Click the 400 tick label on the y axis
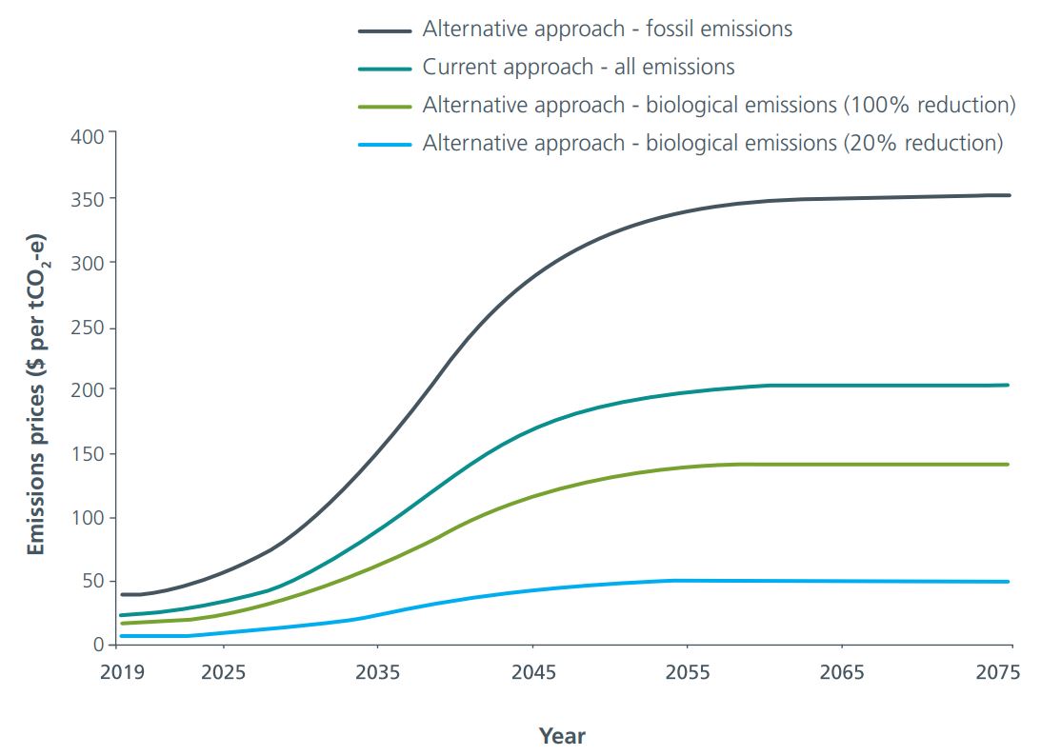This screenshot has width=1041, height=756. [87, 135]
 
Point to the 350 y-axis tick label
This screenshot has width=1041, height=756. [87, 199]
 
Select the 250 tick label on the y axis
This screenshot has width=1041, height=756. [87, 327]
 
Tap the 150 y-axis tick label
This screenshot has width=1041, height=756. [87, 453]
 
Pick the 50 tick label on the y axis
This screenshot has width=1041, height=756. [91, 581]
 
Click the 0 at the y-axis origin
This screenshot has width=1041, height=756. [97, 645]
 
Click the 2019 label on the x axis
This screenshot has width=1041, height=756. [123, 672]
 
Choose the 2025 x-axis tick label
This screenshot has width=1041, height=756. [224, 672]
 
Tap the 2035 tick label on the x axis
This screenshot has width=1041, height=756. [378, 672]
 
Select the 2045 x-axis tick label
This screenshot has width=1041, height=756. [533, 672]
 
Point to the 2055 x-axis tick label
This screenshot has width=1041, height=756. [688, 672]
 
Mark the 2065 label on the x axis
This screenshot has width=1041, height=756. [843, 672]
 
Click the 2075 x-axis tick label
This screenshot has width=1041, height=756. [997, 672]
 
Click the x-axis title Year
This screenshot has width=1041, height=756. [562, 736]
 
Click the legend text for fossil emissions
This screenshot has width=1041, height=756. [607, 29]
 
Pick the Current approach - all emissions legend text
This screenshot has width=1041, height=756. [578, 67]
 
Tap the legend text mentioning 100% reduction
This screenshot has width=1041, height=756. [718, 105]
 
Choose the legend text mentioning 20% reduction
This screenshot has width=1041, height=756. [712, 143]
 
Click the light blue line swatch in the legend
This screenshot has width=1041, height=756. [385, 144]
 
